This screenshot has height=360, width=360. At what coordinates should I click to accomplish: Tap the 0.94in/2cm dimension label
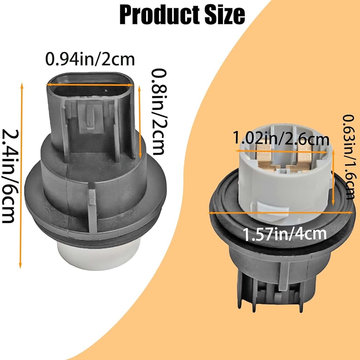pos(90,59)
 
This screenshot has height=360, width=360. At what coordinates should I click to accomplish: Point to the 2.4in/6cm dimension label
pos(8,176)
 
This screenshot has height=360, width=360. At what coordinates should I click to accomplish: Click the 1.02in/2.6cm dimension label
pos(281,138)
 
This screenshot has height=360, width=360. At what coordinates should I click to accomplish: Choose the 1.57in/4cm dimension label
pos(284,234)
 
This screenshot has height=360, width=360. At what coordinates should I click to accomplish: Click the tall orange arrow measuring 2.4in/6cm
pos(21,176)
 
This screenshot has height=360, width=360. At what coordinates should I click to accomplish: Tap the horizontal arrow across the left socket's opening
pos(90,85)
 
